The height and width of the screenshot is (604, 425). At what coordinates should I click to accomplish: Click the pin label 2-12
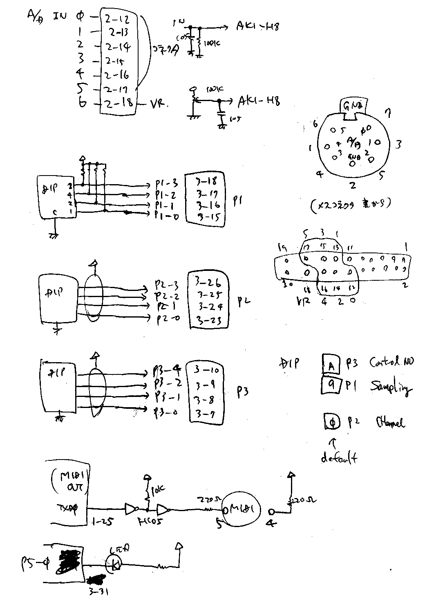[116, 19]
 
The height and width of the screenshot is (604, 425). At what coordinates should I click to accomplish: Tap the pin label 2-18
[119, 104]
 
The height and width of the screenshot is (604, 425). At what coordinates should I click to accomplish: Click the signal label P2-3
[167, 284]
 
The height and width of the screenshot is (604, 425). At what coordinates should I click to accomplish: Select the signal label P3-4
[167, 371]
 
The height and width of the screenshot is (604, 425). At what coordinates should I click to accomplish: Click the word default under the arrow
[339, 458]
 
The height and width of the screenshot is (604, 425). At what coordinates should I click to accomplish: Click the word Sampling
[390, 387]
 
